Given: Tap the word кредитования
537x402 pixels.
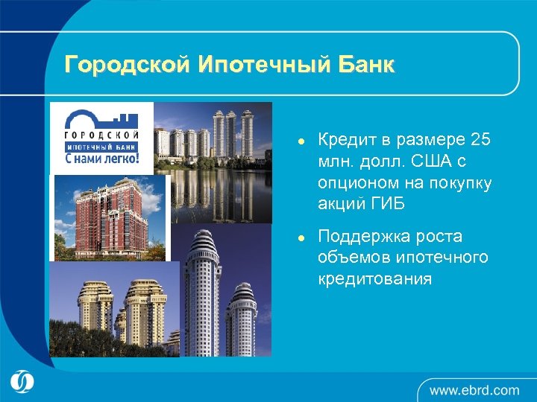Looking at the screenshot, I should (x=375, y=278).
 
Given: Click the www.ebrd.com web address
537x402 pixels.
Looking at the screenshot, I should (x=474, y=389).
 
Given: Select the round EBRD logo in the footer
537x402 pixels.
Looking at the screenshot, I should (x=22, y=382).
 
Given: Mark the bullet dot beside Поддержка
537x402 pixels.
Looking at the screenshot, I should (x=298, y=237).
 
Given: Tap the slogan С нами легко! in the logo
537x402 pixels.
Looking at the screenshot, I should (x=102, y=158).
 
